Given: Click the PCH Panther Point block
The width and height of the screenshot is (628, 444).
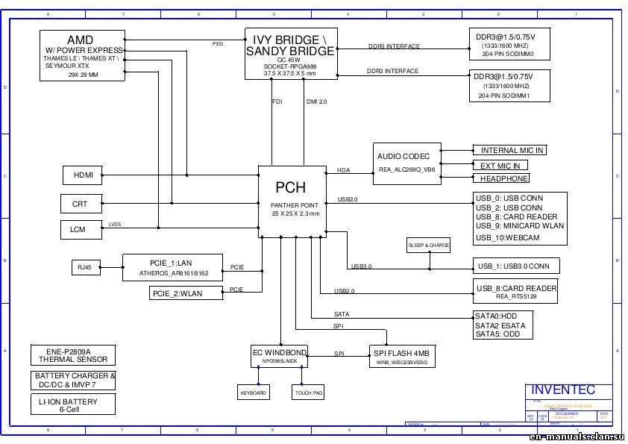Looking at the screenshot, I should (x=292, y=198).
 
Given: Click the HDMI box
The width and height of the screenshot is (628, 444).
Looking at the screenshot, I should (x=83, y=175).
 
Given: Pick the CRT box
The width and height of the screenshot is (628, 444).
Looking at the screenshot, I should (x=80, y=203).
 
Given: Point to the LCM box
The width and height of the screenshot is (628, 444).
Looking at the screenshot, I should (x=78, y=229).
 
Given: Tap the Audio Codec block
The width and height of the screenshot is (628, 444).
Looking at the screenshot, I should (x=406, y=163).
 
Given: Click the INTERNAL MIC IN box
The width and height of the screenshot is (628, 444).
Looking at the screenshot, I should (x=512, y=150).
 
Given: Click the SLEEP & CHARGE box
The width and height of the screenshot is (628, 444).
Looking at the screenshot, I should (x=429, y=245).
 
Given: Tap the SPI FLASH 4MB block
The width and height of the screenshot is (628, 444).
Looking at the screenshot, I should (x=402, y=356).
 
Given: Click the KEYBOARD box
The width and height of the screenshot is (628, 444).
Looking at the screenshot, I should (x=253, y=393).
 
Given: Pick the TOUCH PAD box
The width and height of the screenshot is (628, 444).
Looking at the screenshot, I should (x=308, y=393).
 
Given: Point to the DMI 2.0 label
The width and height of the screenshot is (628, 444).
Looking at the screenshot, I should (x=316, y=101).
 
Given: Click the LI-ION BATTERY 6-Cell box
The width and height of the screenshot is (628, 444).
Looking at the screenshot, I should (x=74, y=405).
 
